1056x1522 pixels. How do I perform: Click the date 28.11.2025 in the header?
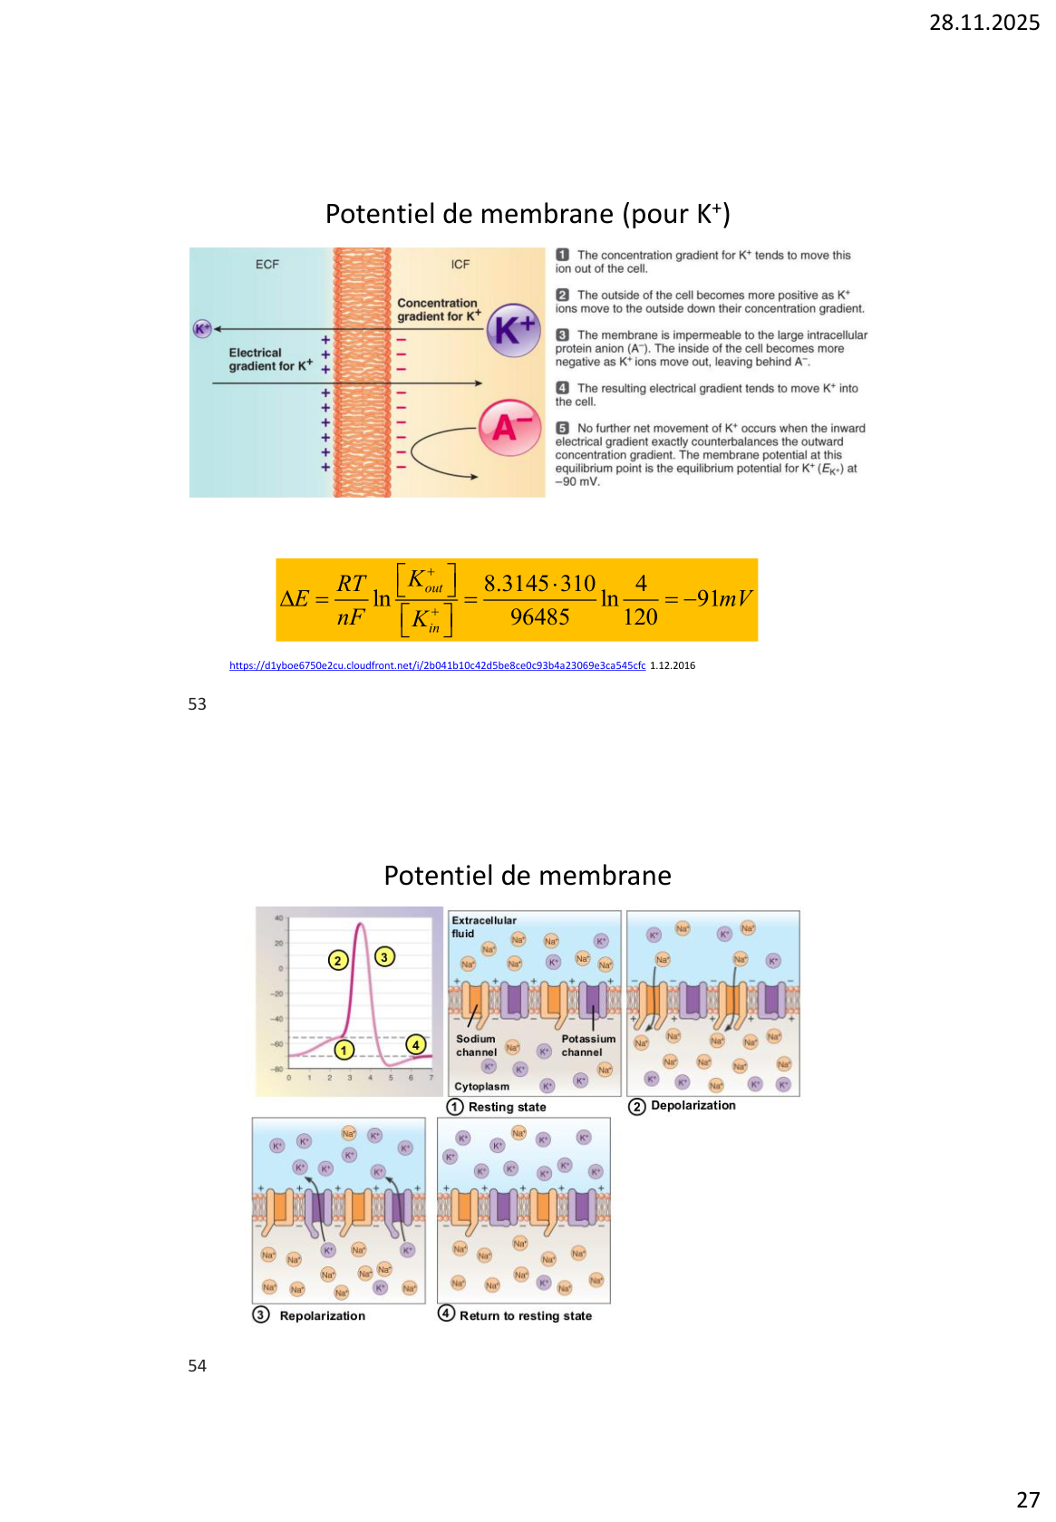coord(983,23)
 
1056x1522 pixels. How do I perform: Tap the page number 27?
coord(1028,1499)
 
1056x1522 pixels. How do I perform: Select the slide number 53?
coord(197,704)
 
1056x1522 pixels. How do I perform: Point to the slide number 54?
coord(197,1366)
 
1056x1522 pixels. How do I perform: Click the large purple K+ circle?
coord(514,331)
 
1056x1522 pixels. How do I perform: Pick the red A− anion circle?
coord(510,427)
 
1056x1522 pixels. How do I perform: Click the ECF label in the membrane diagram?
coord(267,265)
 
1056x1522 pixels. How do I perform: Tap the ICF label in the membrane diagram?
coord(460,265)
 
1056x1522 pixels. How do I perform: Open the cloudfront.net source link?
coord(437,665)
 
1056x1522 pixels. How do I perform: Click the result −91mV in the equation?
coord(718,599)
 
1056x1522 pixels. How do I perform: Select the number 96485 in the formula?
coord(539,617)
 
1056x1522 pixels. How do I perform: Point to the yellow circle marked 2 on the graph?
coord(338,960)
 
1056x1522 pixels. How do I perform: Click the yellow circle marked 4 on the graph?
coord(416,1044)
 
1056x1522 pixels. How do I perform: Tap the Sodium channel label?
coord(476,1045)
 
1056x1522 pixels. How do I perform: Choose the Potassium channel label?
coord(587,1045)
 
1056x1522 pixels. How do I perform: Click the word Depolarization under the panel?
coord(693,1106)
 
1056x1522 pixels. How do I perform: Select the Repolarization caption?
coord(322,1316)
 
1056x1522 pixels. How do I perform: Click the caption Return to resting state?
coord(525,1316)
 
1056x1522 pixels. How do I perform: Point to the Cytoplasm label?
coord(481,1086)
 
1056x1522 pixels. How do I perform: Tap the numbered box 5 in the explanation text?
coord(563,428)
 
